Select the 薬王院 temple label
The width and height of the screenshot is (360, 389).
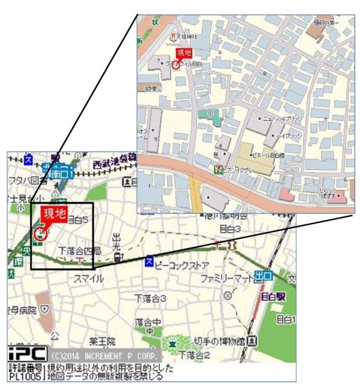(x=103, y=342)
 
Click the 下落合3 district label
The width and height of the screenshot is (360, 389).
(x=151, y=298)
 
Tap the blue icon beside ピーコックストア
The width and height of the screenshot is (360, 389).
(x=148, y=262)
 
